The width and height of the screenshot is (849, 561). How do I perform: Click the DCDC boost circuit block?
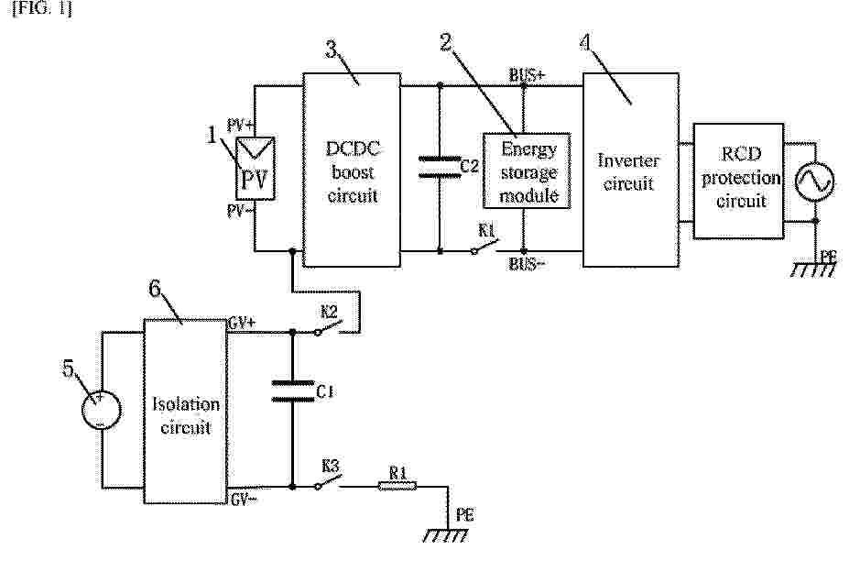click(x=352, y=170)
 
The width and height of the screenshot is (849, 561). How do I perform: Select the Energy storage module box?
click(x=527, y=170)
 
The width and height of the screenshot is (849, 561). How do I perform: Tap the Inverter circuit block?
click(x=631, y=170)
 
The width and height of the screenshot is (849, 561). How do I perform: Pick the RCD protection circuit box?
click(x=738, y=181)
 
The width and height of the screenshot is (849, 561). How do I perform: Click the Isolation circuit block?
click(x=185, y=412)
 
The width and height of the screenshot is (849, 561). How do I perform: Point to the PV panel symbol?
click(x=255, y=169)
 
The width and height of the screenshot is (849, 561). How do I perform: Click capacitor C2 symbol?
click(x=440, y=167)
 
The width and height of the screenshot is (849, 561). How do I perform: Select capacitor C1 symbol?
click(x=292, y=390)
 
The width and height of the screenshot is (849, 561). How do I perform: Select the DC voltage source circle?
click(x=102, y=410)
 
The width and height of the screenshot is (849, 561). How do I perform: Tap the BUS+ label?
click(x=527, y=75)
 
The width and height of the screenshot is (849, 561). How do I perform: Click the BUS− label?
click(x=527, y=264)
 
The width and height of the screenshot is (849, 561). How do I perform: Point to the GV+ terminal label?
click(x=243, y=323)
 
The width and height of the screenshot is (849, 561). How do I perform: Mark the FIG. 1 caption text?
click(x=42, y=8)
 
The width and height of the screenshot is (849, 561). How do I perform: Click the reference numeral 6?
click(x=156, y=289)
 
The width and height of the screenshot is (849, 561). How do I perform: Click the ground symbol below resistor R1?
click(x=446, y=535)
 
